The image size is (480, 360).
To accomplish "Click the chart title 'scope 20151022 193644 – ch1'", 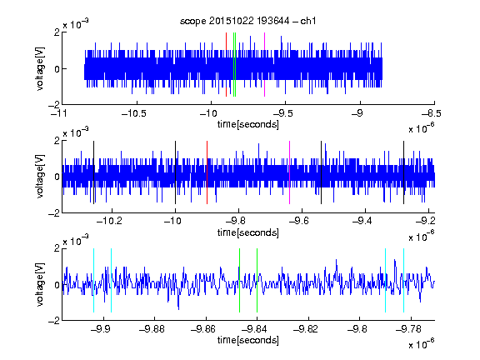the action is [247, 21].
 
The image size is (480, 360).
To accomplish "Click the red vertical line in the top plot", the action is [226, 64].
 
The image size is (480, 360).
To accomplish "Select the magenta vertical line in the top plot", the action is [264, 64].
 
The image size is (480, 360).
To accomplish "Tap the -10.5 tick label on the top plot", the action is [134, 114].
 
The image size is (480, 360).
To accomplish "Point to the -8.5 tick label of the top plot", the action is [432, 114].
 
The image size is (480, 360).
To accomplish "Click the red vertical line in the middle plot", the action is [207, 172].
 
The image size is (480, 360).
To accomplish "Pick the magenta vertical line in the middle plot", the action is [290, 172].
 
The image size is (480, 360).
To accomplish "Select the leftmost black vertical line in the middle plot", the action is [94, 172].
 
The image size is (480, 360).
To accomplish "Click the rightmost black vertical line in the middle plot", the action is [404, 172].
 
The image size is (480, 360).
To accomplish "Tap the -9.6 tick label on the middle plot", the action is [299, 221].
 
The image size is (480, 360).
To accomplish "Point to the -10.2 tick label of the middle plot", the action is [109, 221].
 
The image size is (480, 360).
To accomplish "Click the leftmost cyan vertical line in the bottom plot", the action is [93, 280].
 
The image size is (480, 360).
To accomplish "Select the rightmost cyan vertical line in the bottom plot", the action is [404, 280].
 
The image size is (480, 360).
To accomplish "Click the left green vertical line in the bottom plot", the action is [239, 280].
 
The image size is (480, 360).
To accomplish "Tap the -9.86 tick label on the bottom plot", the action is [203, 329].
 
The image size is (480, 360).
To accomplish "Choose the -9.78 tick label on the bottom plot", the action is [408, 329].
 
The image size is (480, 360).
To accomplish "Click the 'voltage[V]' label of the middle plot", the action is [40, 177].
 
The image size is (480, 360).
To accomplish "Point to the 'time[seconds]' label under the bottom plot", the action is [248, 340].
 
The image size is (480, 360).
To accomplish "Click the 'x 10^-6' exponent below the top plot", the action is [422, 127].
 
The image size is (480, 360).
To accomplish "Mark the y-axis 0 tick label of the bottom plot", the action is [57, 285].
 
